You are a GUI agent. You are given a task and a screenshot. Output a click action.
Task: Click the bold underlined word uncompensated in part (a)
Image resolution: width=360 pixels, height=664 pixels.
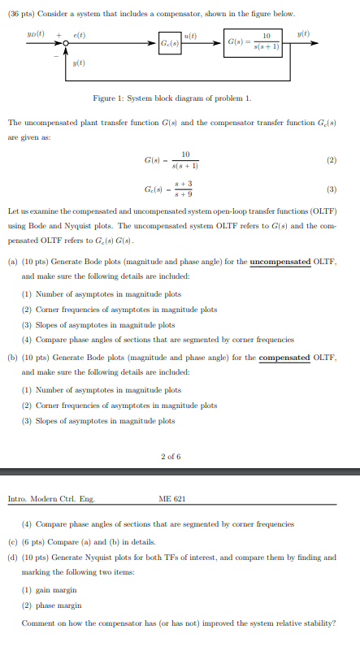[287, 262]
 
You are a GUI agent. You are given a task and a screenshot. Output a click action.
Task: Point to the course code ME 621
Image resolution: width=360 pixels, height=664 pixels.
[173, 499]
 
